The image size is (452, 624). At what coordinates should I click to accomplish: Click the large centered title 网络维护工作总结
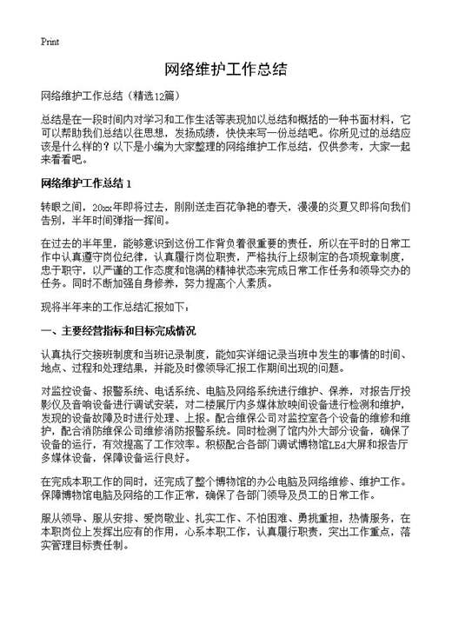225,70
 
